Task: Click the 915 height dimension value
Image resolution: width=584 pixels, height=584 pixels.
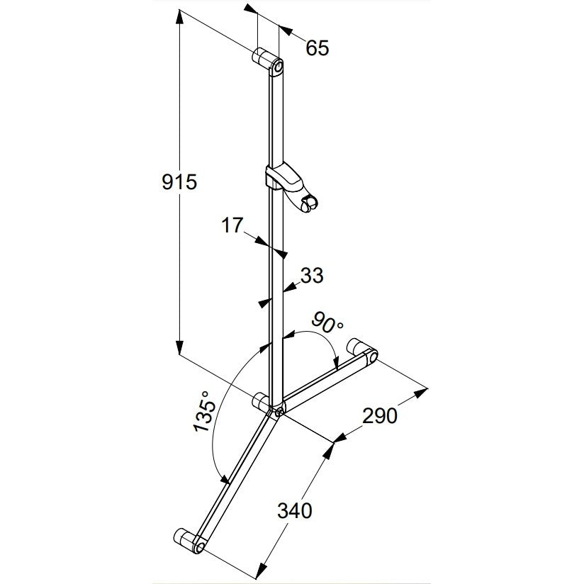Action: click(179, 182)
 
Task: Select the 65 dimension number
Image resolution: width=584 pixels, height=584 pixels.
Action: click(318, 48)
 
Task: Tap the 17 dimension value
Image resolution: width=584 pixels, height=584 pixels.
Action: click(232, 225)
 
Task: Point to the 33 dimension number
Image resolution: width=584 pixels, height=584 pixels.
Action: click(312, 276)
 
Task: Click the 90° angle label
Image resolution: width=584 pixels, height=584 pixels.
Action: click(327, 323)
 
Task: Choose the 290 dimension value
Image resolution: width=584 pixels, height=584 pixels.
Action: click(380, 416)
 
